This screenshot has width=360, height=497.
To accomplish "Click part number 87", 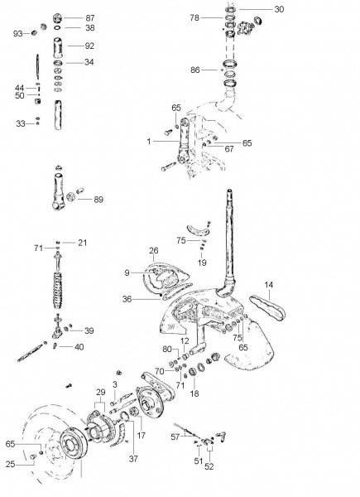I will point(89,17).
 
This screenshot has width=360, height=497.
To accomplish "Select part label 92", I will point(89,46).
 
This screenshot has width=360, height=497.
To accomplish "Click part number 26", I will point(153,250).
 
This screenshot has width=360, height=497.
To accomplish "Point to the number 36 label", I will point(127,300).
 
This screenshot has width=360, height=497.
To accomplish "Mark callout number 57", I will point(175,435).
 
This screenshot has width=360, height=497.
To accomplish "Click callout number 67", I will point(229,149).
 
